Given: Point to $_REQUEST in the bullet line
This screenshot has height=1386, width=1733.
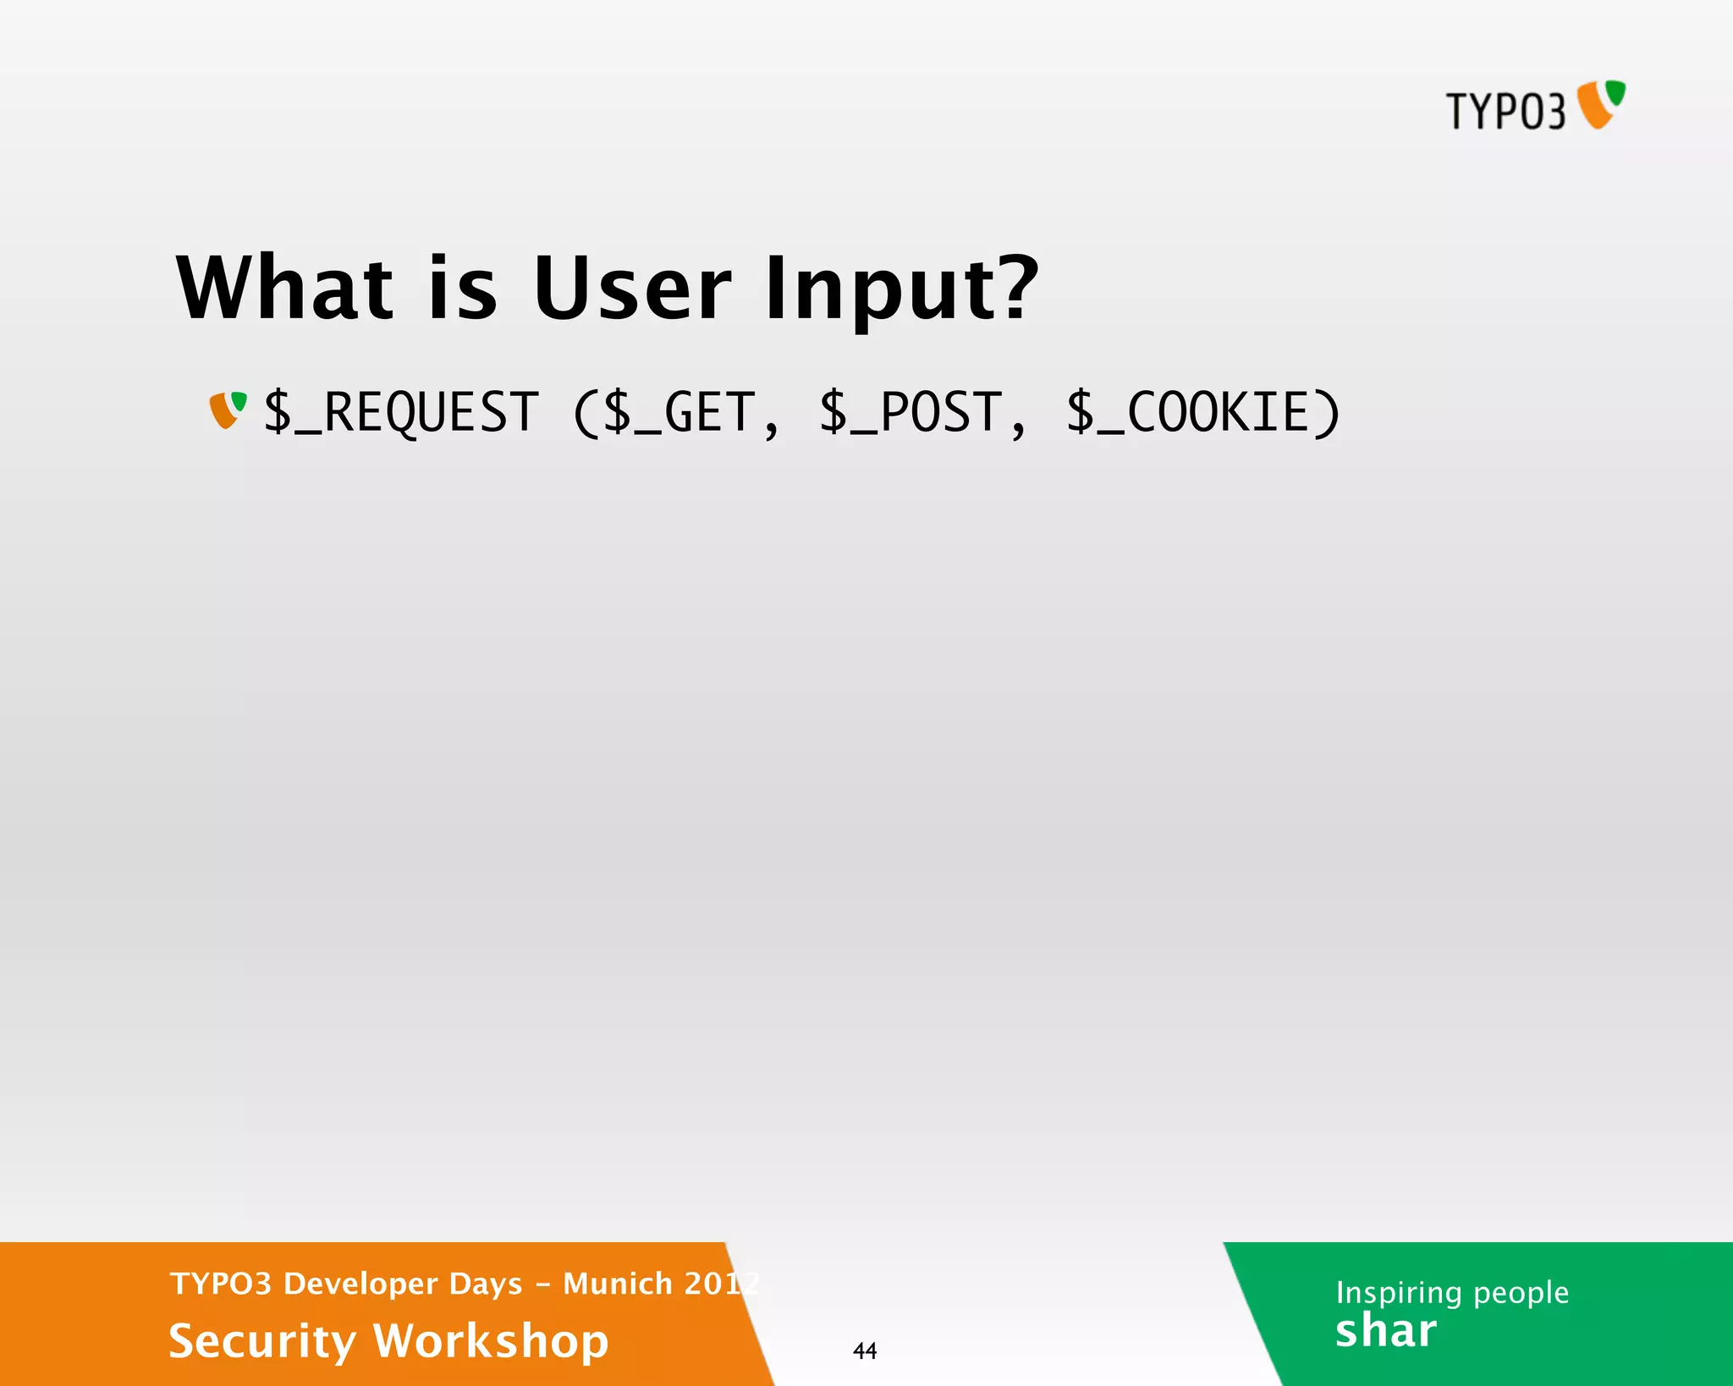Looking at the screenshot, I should click(401, 413).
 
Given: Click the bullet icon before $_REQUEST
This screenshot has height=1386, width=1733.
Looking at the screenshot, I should click(228, 410).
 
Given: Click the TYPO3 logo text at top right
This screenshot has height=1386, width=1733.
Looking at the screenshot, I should click(1505, 112).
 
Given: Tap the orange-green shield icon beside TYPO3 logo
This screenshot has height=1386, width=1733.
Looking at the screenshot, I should click(1601, 104).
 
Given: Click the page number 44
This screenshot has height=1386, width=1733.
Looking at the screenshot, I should click(864, 1350).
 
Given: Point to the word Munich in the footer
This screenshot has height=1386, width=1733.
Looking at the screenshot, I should click(617, 1284).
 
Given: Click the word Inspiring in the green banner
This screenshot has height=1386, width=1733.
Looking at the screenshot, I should click(1398, 1293).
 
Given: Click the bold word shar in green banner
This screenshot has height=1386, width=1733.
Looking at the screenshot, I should click(1385, 1331).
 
